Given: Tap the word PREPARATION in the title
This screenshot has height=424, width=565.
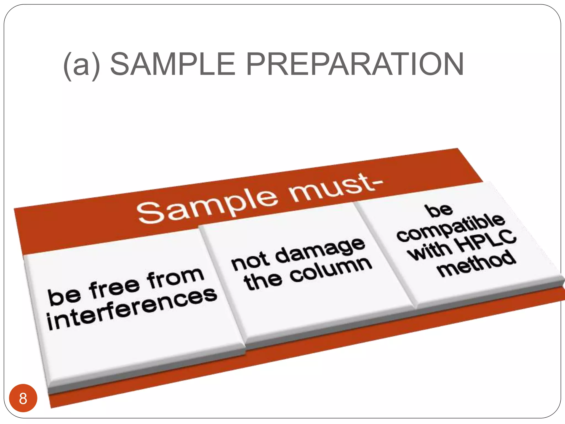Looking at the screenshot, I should coord(355,64).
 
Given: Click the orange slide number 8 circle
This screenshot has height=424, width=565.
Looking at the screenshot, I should coord(23,398).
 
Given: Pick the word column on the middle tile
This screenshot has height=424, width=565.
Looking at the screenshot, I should coord(331,270).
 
